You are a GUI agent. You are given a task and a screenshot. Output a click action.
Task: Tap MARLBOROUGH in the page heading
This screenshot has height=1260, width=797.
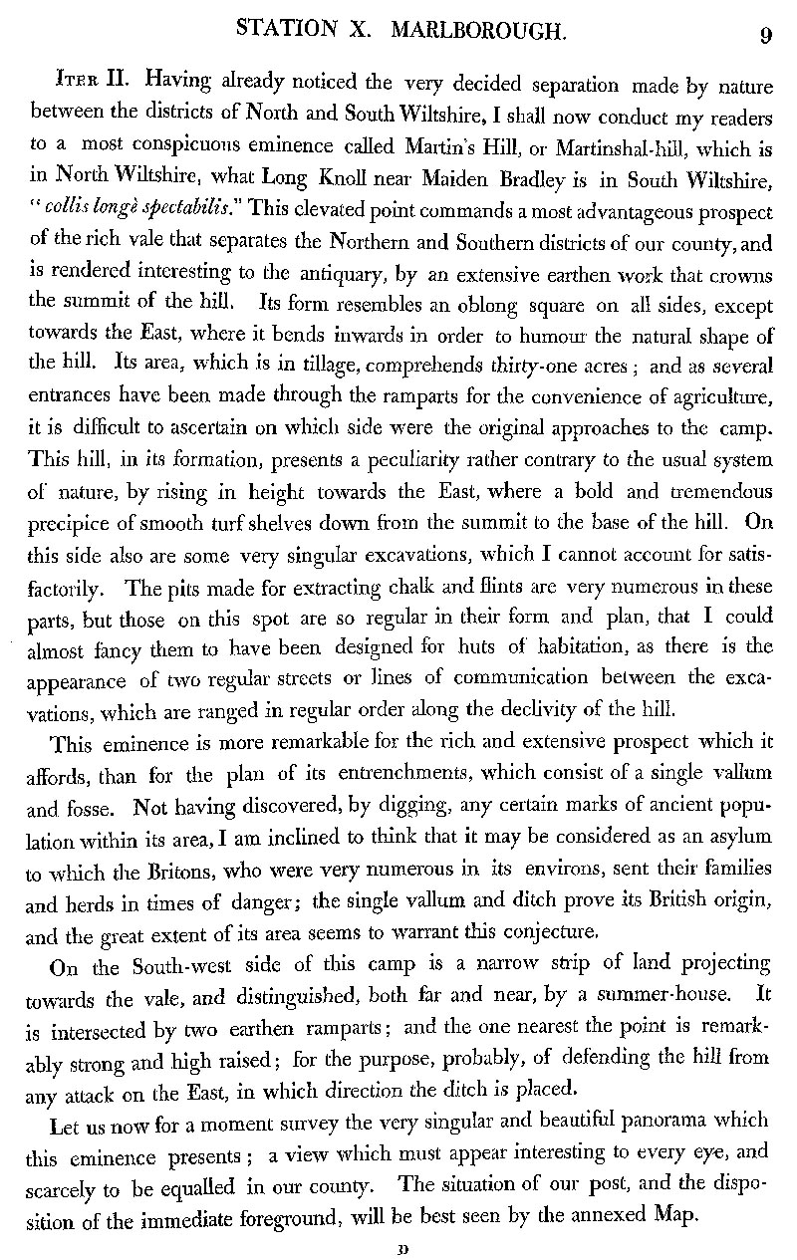pos(477,32)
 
